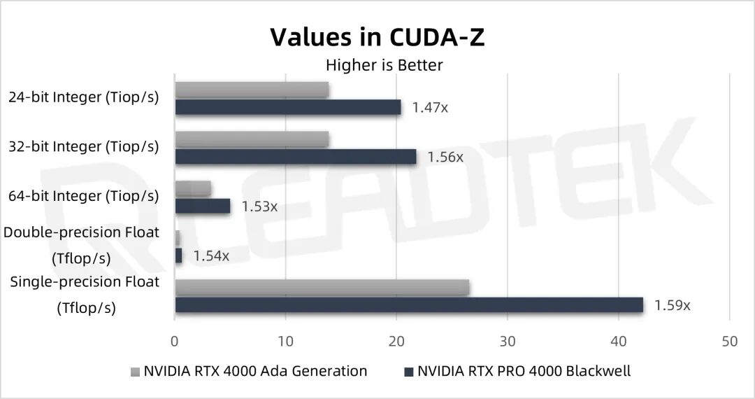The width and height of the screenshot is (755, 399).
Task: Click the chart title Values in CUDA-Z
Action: [x=377, y=37]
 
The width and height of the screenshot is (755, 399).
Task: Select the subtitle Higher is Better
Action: [x=384, y=65]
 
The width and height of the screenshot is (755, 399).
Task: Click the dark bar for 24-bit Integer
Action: [x=288, y=107]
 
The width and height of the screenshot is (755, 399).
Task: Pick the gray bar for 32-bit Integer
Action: [x=252, y=139]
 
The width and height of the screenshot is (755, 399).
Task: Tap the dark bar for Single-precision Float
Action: [x=409, y=305]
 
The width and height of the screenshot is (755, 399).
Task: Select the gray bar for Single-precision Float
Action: [x=322, y=288]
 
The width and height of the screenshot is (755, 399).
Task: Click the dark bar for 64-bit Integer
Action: [x=203, y=206]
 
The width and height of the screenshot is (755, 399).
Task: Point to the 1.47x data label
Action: [x=430, y=108]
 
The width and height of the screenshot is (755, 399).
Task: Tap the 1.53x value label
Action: [x=259, y=206]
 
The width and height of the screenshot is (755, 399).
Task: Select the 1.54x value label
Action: [x=211, y=255]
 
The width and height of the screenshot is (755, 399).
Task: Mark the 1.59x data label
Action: [x=672, y=305]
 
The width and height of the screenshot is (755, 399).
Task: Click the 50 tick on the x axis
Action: [x=729, y=341]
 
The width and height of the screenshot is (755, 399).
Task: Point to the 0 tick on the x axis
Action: [x=175, y=341]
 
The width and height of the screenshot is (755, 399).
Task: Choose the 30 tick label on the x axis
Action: [x=508, y=341]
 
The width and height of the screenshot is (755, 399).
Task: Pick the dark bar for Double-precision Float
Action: [x=178, y=255]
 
